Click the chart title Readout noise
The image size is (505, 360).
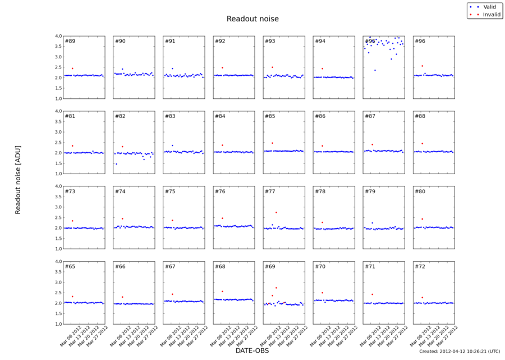252,19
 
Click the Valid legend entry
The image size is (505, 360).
490,6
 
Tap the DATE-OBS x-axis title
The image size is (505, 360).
252,350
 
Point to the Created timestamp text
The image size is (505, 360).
459,351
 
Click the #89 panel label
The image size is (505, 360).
70,41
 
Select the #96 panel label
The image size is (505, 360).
420,41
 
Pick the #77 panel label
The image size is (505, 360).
270,192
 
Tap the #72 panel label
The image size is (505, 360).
420,266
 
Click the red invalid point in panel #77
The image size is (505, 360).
276,212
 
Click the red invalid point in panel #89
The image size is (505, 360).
72,69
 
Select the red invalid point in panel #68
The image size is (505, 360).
222,291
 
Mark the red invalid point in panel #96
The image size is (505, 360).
422,66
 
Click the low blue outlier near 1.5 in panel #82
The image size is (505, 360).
117,164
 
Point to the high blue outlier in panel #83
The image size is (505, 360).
172,145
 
